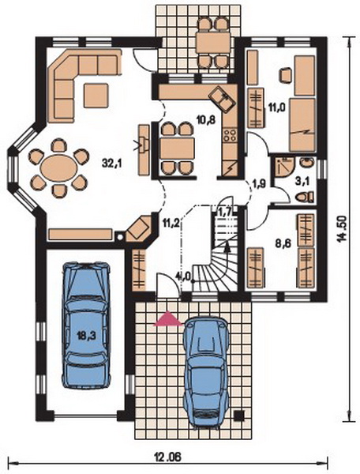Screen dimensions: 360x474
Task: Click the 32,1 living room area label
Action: pos(111,164)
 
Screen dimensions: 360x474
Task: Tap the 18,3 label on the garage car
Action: pos(86,337)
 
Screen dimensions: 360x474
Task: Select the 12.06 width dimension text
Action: pos(168,457)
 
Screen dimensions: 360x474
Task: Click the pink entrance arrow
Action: pos(168,319)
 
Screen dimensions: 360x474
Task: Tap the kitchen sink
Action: pos(223,99)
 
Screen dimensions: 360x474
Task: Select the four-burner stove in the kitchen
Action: pos(230,135)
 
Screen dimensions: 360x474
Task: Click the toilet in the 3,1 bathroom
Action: pos(305,197)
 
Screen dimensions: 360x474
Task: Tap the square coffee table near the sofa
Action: pos(96,96)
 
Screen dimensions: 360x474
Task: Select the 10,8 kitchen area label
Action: pos(206,120)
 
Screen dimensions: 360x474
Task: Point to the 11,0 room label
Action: pos(277,106)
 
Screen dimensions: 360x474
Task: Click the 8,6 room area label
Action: pos(283,243)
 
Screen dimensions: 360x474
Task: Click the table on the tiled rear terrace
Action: pos(213,43)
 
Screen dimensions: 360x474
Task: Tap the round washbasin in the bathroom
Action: pos(307,163)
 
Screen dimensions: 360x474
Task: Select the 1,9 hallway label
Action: pos(258,183)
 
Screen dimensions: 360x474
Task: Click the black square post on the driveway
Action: pos(239,416)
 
